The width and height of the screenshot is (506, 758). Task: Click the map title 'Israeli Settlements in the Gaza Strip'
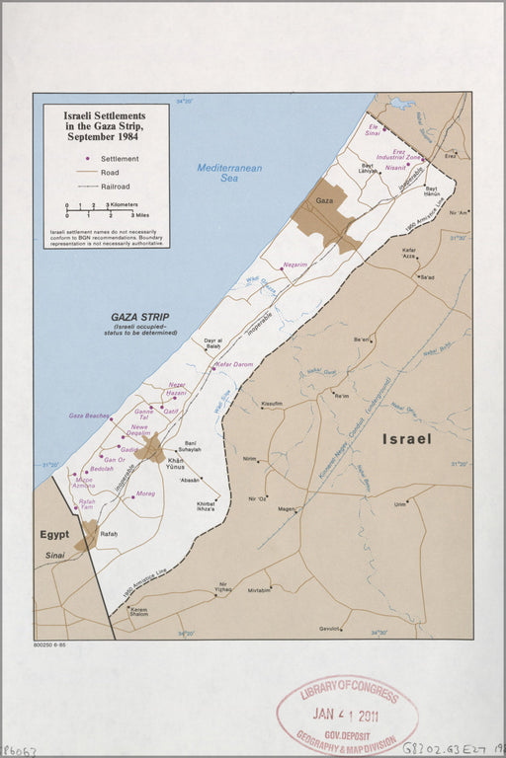(106, 127)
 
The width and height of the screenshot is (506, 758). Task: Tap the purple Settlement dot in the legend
(88, 158)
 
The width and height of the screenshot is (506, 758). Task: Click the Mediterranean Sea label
(229, 173)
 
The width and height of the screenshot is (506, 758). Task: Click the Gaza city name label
(323, 200)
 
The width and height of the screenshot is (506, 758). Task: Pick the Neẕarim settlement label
(295, 265)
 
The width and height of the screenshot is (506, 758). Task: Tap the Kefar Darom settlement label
(234, 364)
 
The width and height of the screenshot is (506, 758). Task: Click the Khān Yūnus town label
(177, 464)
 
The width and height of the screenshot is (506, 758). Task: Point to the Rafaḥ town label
(109, 534)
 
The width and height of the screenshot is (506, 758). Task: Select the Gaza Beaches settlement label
(89, 416)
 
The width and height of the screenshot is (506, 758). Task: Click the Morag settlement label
(145, 493)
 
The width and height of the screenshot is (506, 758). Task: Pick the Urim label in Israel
(399, 504)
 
